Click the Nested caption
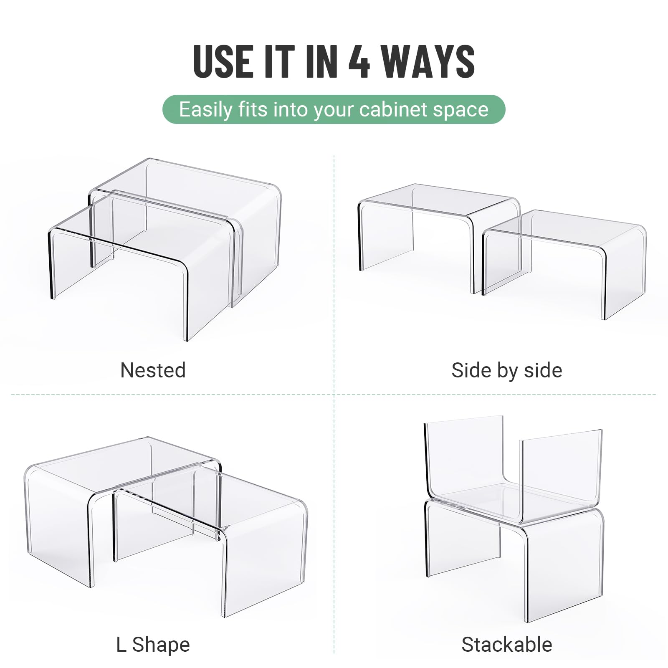click(153, 370)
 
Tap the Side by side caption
click(506, 370)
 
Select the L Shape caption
click(153, 645)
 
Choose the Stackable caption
click(506, 645)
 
